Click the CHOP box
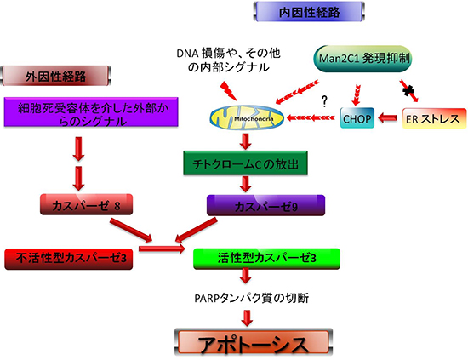click(358, 117)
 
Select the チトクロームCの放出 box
click(243, 163)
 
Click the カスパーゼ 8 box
click(83, 205)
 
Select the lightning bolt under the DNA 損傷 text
click(228, 88)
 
